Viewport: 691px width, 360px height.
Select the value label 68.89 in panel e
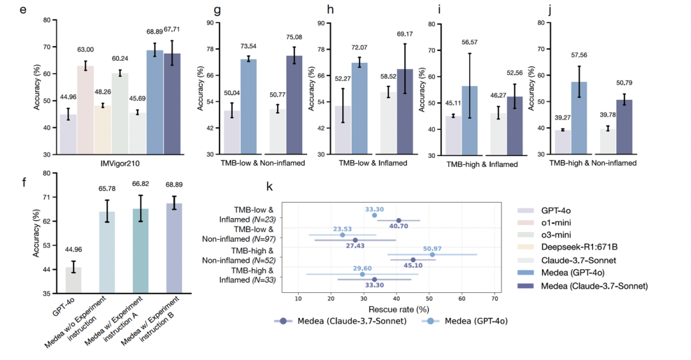155,32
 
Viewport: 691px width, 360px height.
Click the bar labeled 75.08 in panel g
294,105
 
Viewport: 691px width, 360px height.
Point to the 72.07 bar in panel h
359,108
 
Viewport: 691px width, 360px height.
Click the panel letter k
270,187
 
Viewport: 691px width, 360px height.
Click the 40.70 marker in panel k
399,221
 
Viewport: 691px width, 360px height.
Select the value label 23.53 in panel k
342,228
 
